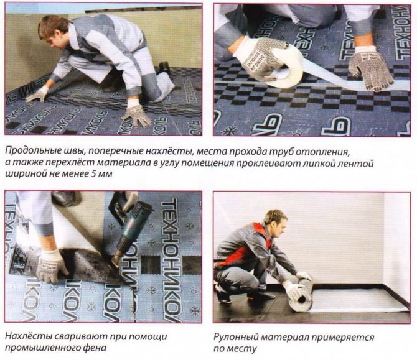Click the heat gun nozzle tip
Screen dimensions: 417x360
(x=115, y=263)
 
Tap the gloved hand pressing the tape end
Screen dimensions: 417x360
(x=371, y=69)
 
